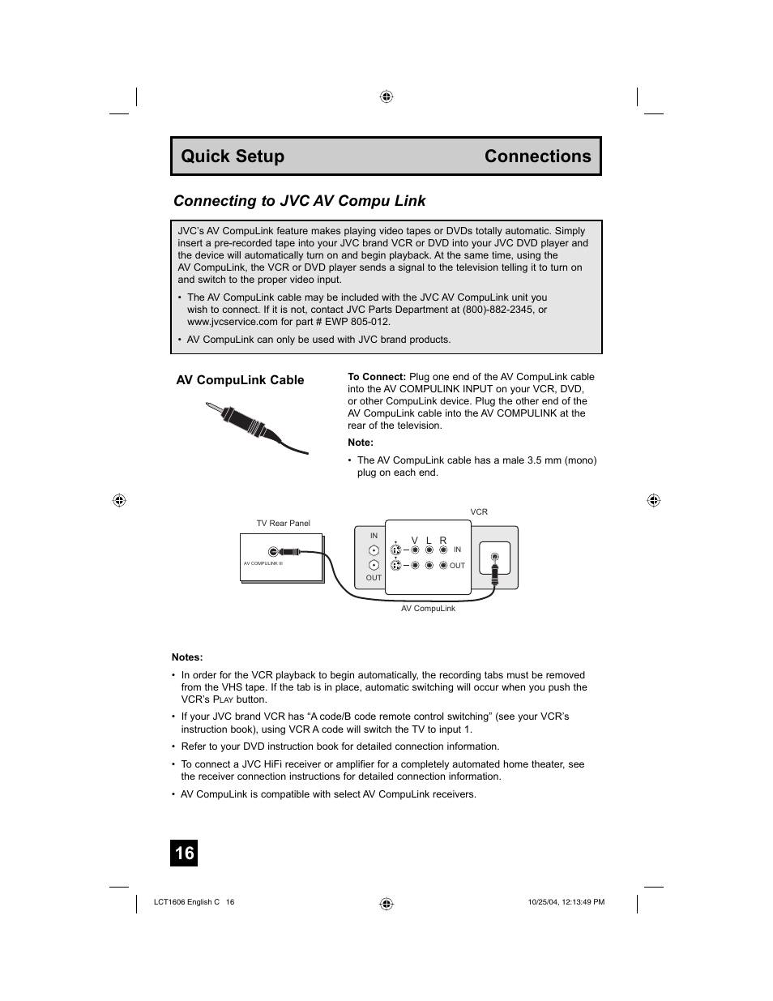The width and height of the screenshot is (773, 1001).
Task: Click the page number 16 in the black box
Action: point(185,853)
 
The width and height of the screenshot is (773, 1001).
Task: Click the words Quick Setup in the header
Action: point(233,156)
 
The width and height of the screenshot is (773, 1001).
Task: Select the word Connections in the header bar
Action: point(537,156)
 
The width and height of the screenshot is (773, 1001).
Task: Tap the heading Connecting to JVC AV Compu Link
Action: point(299,201)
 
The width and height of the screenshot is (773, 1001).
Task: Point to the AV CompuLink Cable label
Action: point(240,380)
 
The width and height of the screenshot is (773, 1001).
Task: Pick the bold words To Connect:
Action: point(377,377)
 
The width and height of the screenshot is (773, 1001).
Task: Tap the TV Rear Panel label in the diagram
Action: point(284,524)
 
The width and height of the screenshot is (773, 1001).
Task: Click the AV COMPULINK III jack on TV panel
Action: point(273,553)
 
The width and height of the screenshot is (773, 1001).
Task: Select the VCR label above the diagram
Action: point(479,512)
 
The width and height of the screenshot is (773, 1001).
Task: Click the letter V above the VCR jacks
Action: point(414,540)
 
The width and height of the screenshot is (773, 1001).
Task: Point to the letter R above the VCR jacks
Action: point(443,540)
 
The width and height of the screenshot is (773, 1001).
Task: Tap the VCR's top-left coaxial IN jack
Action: point(374,550)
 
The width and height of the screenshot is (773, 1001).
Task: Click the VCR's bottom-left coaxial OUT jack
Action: point(374,566)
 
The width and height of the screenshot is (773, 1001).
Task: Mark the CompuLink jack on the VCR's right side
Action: point(494,557)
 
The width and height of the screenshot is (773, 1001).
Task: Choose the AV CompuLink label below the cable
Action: point(428,609)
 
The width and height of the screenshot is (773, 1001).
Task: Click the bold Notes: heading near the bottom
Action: point(187,657)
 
